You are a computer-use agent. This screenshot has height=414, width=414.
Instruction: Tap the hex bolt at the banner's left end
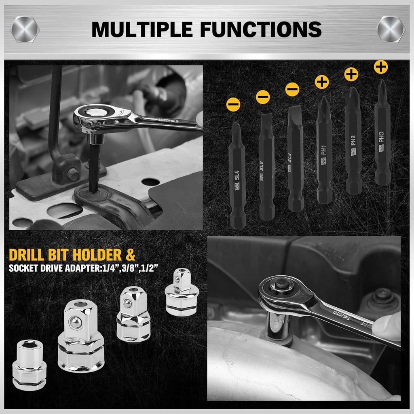click(25, 29)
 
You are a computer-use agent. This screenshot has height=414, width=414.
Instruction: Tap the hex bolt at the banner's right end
click(391, 29)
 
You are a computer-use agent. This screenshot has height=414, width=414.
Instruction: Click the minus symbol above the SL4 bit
click(233, 105)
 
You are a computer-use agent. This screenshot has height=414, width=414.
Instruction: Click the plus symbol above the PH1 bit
click(322, 82)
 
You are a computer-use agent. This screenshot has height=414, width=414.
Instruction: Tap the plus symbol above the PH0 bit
click(380, 67)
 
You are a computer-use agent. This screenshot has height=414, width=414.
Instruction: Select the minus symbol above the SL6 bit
click(292, 89)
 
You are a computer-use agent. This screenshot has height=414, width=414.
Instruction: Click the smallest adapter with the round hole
click(29, 365)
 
